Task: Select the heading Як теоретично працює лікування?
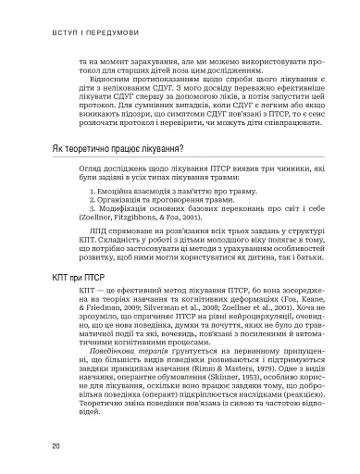tap(116, 152)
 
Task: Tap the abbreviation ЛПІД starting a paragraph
tap(89, 256)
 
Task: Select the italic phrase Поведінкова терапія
tap(116, 355)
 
